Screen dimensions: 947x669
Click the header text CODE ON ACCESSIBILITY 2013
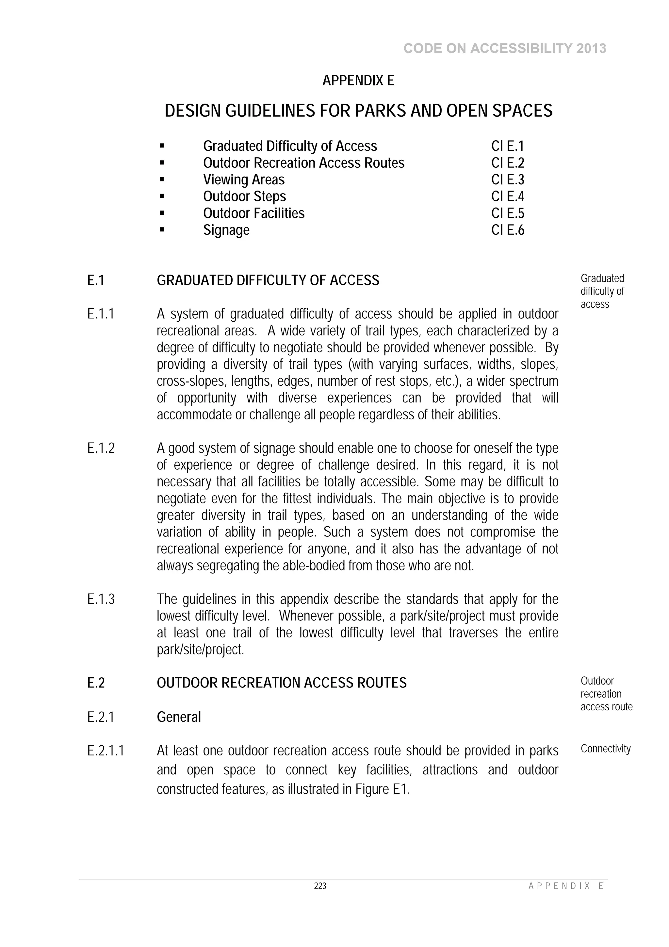(505, 49)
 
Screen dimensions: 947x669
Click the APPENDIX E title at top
(358, 80)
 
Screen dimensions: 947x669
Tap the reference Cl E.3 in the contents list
(507, 180)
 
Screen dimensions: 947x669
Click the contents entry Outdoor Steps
(244, 196)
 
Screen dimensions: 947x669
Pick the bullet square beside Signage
(162, 229)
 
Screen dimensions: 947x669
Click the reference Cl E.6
(507, 230)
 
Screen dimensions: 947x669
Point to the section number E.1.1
(101, 314)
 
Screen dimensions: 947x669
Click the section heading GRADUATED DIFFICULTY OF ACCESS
(268, 280)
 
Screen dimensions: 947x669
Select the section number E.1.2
(101, 448)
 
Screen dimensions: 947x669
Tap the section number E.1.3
(101, 599)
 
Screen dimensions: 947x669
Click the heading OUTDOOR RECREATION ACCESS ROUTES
(282, 683)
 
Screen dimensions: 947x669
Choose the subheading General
(179, 717)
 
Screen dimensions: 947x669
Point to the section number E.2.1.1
(106, 751)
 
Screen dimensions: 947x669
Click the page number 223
(320, 886)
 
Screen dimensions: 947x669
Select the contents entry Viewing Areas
(244, 180)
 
